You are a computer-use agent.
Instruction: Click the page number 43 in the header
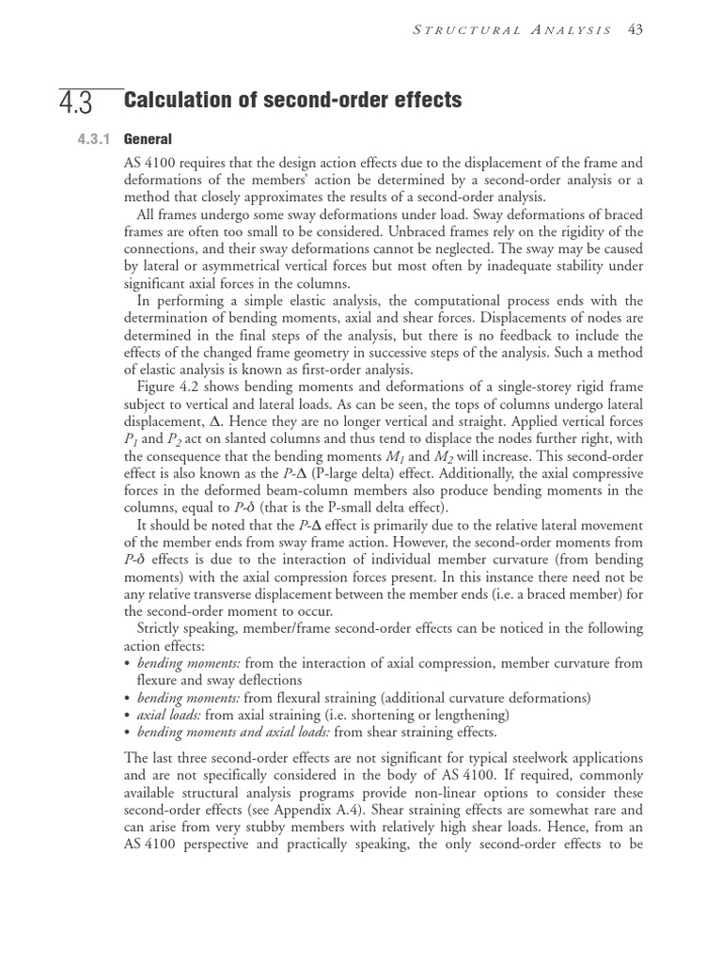click(636, 30)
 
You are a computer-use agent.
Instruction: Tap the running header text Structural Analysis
click(513, 30)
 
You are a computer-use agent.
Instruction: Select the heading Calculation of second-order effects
click(292, 100)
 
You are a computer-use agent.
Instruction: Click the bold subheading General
click(148, 139)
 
